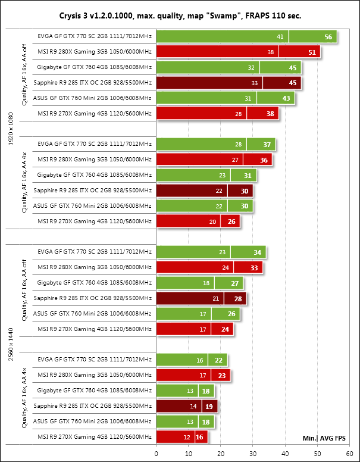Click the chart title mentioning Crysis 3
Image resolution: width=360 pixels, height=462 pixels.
tap(180, 14)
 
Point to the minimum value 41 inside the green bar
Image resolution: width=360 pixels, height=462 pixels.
tap(280, 37)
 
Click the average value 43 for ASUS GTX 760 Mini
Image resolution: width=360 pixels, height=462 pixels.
tap(286, 98)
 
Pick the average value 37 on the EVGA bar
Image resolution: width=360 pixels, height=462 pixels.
tap(267, 144)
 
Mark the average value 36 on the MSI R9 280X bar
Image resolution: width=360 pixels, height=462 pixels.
tap(264, 160)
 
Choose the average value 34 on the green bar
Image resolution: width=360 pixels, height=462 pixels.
tap(258, 252)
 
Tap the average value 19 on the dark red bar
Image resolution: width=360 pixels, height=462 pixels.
tap(209, 407)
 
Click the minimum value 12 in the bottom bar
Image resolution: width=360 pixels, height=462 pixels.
tap(187, 438)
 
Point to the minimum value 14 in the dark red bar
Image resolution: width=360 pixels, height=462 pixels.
tap(193, 407)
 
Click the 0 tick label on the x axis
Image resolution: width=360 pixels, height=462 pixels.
tap(156, 454)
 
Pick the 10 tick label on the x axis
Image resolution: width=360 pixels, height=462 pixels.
tap(188, 454)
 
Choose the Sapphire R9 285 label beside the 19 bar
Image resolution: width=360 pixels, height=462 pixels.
tap(93, 407)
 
